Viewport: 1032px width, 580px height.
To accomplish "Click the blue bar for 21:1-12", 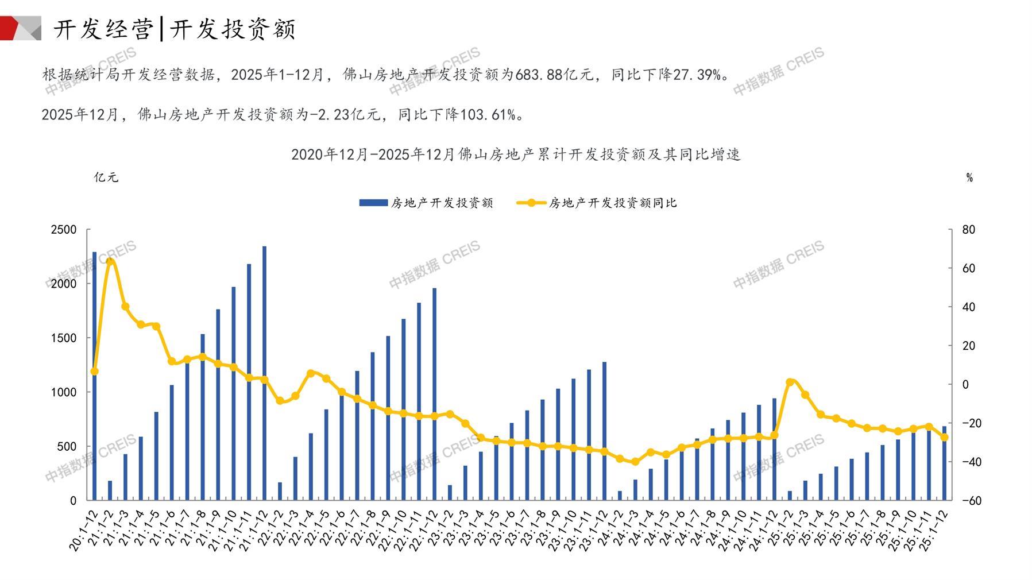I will [264, 373].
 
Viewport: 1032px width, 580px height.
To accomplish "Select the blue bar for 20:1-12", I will [95, 376].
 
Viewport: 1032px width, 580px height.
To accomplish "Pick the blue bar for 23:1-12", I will [604, 431].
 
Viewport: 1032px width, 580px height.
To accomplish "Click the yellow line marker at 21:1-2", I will [110, 262].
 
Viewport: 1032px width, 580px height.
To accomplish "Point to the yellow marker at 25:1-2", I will [790, 382].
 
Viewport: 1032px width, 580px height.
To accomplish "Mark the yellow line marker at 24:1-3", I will [635, 462].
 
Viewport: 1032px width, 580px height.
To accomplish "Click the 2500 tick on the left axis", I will [64, 230].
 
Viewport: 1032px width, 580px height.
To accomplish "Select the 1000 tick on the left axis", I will [64, 392].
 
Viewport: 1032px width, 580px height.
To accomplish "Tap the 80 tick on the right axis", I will [968, 230].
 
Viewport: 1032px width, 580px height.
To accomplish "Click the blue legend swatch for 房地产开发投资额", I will [373, 203].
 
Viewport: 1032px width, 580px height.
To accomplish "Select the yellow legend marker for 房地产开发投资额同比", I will [531, 203].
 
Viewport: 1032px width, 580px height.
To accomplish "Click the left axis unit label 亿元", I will [106, 177].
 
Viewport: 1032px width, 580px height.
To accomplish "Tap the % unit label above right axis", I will [969, 178].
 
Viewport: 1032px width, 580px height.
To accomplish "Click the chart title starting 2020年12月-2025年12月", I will [516, 154].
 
